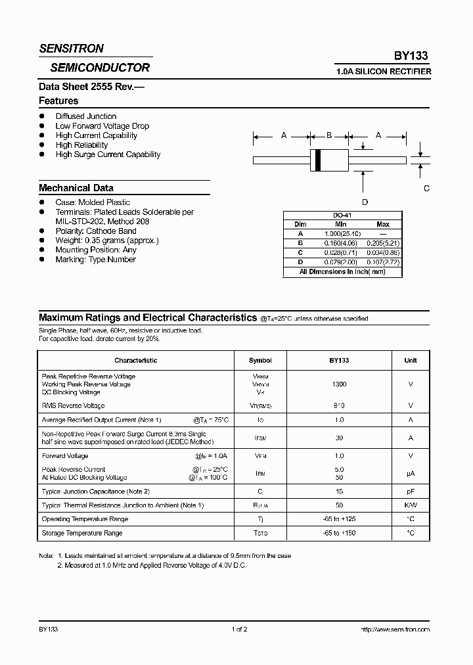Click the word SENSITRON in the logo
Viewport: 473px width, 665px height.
tap(71, 49)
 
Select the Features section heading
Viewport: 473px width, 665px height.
tap(58, 101)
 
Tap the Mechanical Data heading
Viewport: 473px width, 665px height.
tap(76, 188)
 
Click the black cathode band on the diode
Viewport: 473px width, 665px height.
tap(318, 160)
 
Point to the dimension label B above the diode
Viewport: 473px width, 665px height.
tap(329, 135)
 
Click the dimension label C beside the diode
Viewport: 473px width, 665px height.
tap(426, 189)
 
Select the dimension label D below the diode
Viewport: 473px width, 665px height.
tap(365, 202)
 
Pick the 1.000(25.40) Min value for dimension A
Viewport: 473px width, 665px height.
tap(339, 233)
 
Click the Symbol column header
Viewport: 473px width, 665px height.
tap(260, 361)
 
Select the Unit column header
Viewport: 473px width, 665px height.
tap(411, 361)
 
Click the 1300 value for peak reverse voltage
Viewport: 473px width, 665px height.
tap(339, 384)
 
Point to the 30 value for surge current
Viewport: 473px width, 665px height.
tap(339, 438)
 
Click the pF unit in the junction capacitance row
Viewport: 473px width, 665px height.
tap(411, 492)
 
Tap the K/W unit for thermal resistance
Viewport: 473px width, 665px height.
tap(411, 505)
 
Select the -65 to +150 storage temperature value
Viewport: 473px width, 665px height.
tap(339, 533)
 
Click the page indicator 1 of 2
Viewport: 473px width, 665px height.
tap(239, 630)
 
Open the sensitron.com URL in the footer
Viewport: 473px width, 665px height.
tap(395, 630)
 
